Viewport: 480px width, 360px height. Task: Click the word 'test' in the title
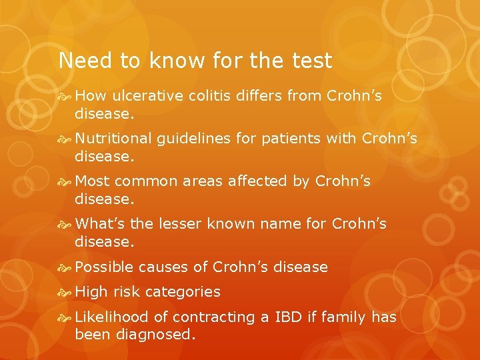click(x=312, y=61)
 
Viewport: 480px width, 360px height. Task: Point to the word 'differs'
click(x=259, y=96)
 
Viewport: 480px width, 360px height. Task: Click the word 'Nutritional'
click(x=113, y=139)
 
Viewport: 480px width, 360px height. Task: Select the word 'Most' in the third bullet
click(x=92, y=181)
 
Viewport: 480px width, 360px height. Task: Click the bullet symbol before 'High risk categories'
click(x=65, y=292)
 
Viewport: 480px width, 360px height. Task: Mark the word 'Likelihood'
click(x=112, y=317)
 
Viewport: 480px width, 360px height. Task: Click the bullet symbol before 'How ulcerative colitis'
click(x=65, y=97)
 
